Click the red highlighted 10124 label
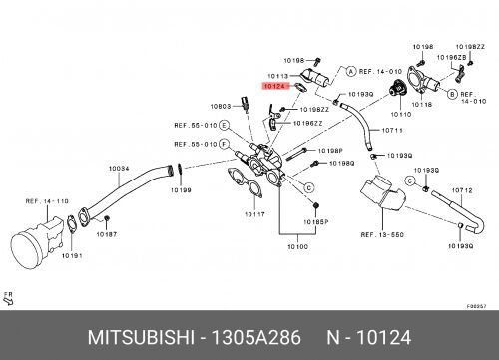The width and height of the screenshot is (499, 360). click(x=274, y=87)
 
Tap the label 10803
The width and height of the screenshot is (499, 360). click(x=221, y=106)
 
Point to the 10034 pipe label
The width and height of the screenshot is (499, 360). click(x=118, y=168)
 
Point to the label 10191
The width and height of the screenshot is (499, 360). click(x=71, y=255)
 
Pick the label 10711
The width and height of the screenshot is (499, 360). click(x=393, y=130)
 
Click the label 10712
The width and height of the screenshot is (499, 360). click(x=462, y=189)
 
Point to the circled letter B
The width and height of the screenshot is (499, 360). click(x=452, y=92)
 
